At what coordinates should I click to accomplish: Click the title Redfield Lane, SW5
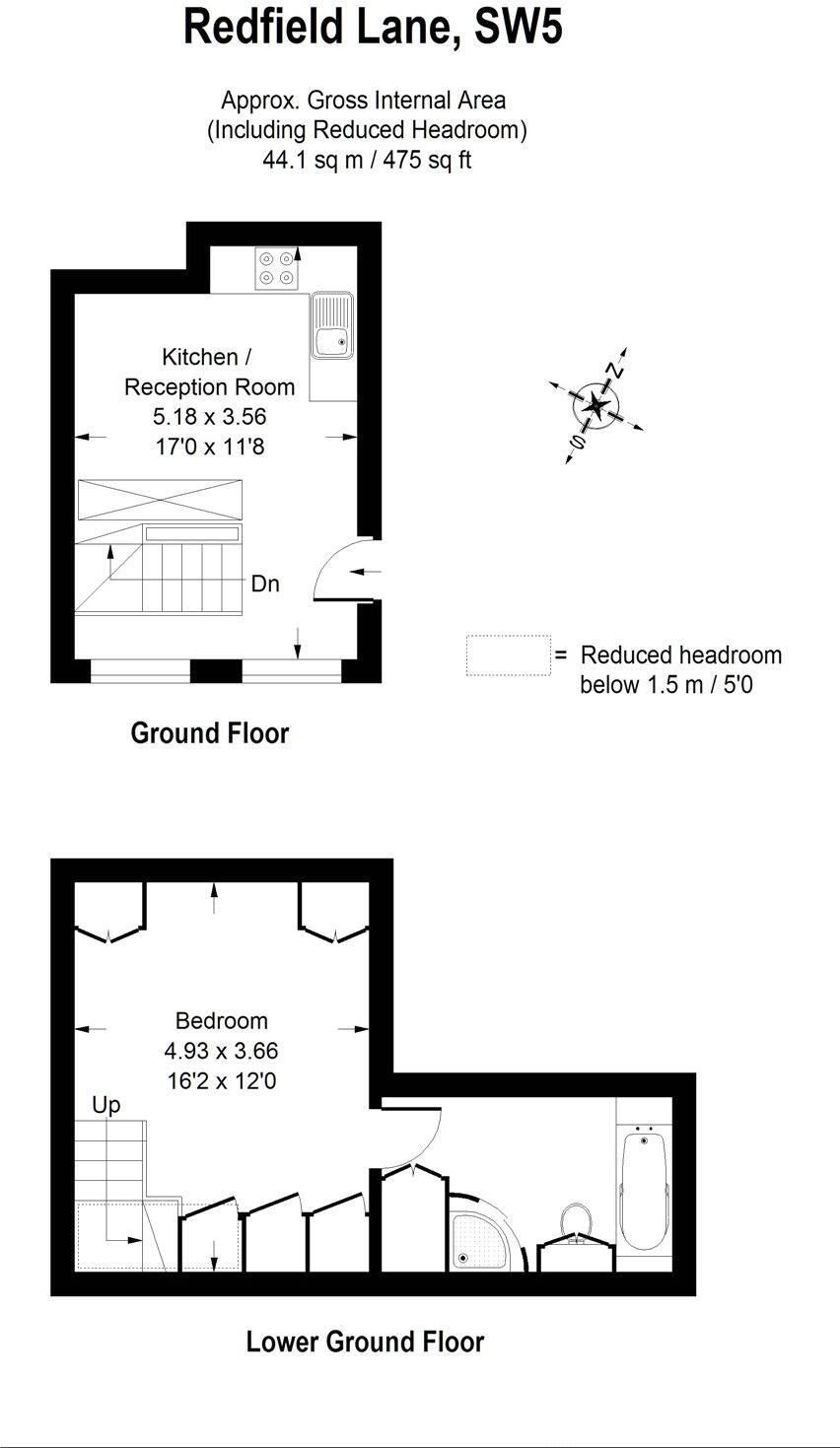(x=373, y=28)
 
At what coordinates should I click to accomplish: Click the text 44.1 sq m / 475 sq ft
(x=366, y=160)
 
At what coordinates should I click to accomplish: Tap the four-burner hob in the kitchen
(x=276, y=268)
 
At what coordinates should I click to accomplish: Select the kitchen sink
(x=331, y=325)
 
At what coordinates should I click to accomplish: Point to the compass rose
(x=596, y=405)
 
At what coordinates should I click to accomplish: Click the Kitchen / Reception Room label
(x=209, y=372)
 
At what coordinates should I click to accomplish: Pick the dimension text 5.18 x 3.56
(x=209, y=417)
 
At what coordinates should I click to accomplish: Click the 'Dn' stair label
(x=265, y=584)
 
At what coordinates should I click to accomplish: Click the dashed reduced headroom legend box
(x=508, y=655)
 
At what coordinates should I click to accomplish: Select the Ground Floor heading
(x=209, y=733)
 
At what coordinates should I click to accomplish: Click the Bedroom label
(x=221, y=1021)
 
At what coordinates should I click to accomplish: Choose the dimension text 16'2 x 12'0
(x=221, y=1081)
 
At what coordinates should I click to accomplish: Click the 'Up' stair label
(x=105, y=1105)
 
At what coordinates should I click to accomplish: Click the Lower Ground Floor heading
(x=365, y=1342)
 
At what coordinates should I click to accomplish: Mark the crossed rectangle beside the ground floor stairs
(x=159, y=499)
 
